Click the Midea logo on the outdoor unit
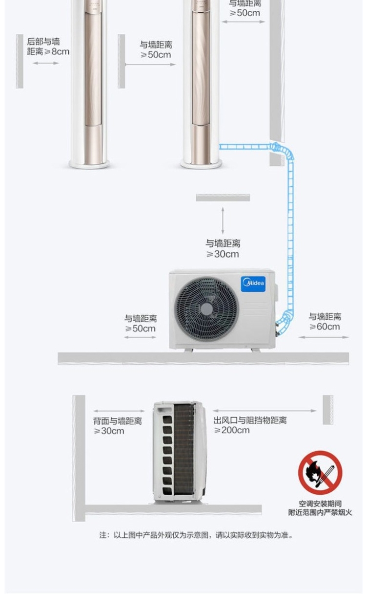(x=253, y=284)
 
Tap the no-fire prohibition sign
(x=320, y=472)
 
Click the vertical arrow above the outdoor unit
(x=223, y=220)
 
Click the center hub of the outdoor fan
(x=207, y=309)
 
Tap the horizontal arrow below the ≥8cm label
(x=46, y=63)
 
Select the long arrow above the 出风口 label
(x=264, y=411)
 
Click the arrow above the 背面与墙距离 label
(x=119, y=411)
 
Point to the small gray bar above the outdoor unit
(x=223, y=198)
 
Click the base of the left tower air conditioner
(x=89, y=164)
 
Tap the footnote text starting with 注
(x=196, y=535)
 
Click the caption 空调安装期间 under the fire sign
(x=320, y=504)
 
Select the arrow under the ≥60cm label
(x=324, y=337)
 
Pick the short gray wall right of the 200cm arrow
(x=327, y=410)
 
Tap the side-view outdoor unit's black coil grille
(x=184, y=449)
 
